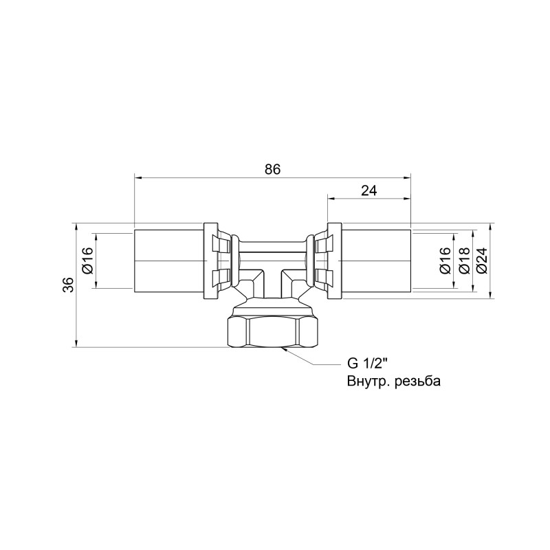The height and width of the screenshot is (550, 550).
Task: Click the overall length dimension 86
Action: [x=272, y=169]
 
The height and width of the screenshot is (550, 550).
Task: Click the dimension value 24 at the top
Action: [x=368, y=190]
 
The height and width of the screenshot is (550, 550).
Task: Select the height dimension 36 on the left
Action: [x=67, y=285]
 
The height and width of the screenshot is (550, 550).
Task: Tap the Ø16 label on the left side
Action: [x=87, y=261]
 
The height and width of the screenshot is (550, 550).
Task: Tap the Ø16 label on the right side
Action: [x=444, y=261]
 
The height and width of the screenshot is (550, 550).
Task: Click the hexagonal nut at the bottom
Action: [x=273, y=331]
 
